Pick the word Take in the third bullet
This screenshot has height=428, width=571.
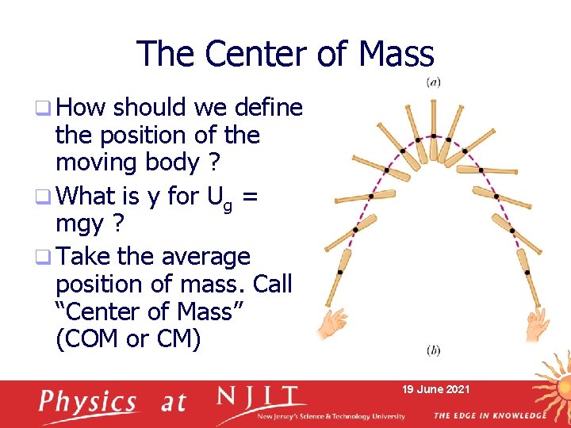86,257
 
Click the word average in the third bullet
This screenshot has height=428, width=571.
205,257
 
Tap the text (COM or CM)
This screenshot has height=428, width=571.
128,338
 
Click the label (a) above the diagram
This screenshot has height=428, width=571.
434,82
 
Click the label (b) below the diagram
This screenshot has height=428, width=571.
434,350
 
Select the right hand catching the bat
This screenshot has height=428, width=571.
538,323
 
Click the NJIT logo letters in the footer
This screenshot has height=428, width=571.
262,396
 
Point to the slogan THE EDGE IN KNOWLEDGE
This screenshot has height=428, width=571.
489,415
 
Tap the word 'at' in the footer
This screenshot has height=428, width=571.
173,403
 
